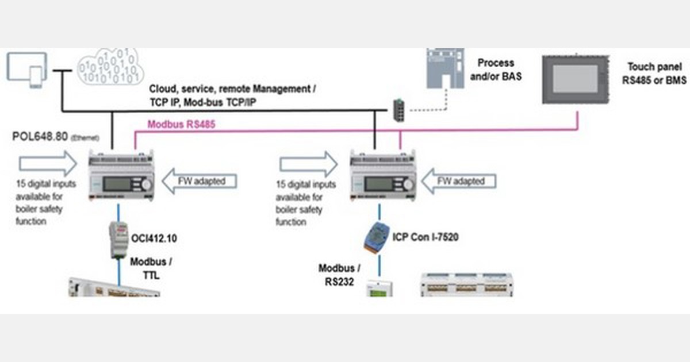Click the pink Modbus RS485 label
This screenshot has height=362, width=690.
(x=181, y=124)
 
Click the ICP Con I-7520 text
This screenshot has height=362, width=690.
(x=425, y=236)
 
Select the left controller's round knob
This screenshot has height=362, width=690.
(x=147, y=185)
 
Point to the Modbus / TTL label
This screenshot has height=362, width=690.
(x=150, y=268)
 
